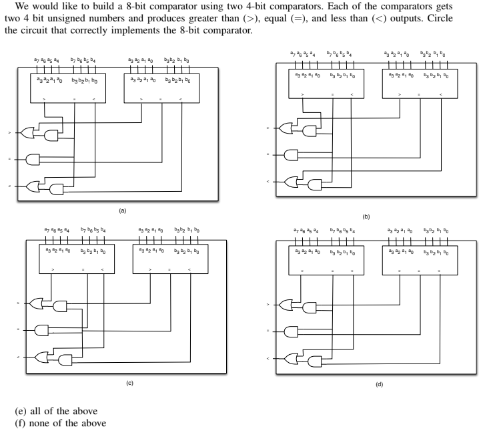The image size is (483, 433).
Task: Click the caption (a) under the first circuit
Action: click(x=121, y=210)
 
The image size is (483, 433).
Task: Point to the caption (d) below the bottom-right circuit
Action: click(x=379, y=385)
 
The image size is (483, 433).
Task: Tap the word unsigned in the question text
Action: click(x=69, y=32)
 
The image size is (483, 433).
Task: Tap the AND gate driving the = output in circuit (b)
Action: click(x=292, y=156)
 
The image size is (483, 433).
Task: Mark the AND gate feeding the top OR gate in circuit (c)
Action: click(x=60, y=305)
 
